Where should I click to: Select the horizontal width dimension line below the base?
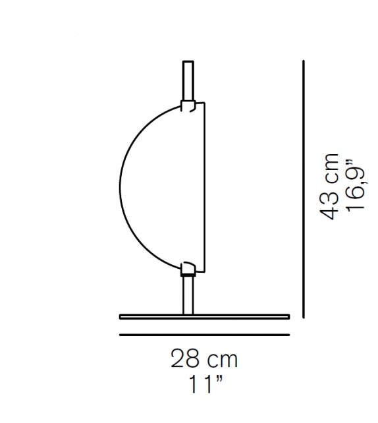click(x=204, y=334)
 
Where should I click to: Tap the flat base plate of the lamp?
click(x=204, y=317)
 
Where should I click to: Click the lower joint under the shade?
click(x=188, y=267)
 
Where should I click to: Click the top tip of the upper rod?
click(x=188, y=62)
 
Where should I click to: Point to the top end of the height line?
click(x=303, y=61)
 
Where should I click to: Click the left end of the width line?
click(x=121, y=334)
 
